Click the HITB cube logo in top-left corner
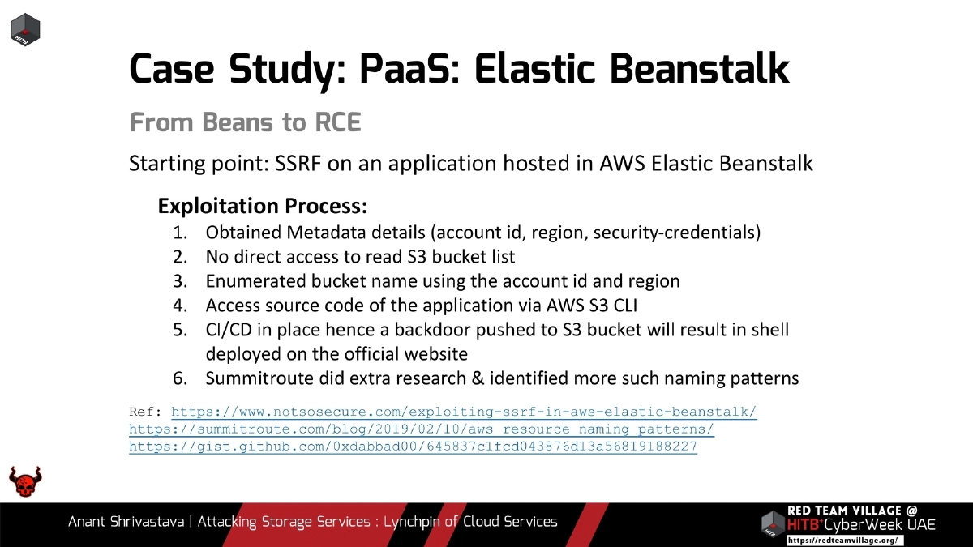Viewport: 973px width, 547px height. click(25, 29)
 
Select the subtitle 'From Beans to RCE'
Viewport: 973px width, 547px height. click(245, 123)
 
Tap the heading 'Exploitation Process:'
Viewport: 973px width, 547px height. click(263, 206)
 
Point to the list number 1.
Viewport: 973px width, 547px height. click(181, 233)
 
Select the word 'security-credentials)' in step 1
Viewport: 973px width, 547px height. click(677, 233)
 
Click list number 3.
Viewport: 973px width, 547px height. click(181, 281)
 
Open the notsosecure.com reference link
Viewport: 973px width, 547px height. click(464, 412)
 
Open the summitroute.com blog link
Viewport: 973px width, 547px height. click(422, 429)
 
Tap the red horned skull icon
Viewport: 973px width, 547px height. click(25, 482)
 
